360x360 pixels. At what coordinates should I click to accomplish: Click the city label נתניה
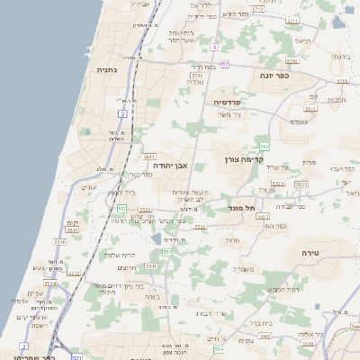point(107,68)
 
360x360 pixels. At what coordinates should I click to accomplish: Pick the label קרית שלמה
point(117,255)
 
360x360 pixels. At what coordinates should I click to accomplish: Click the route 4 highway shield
point(214,47)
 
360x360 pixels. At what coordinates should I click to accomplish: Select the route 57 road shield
point(225,64)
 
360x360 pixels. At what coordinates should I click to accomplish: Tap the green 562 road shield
point(264,146)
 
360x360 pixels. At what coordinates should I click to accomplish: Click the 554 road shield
point(218,347)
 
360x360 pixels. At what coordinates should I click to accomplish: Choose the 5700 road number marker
point(342,81)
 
